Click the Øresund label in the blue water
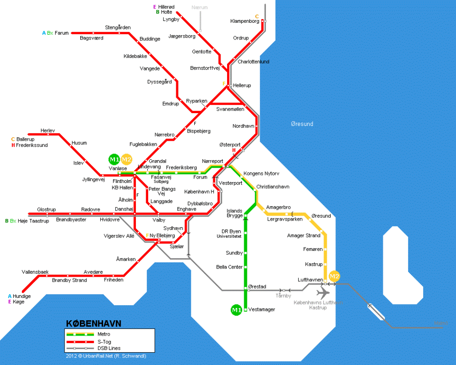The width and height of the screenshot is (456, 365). click(x=302, y=124)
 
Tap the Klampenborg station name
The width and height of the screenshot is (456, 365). click(x=244, y=21)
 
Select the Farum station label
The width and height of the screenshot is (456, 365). click(x=62, y=33)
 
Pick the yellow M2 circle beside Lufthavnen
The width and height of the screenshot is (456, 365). click(x=335, y=276)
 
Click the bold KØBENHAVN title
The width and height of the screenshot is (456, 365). click(x=93, y=324)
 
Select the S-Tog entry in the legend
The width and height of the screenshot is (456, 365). click(x=105, y=341)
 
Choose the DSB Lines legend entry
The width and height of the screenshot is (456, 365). click(x=109, y=348)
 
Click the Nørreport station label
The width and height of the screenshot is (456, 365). click(x=212, y=161)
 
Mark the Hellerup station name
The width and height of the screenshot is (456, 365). click(x=242, y=86)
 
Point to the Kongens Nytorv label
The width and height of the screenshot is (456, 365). click(x=261, y=173)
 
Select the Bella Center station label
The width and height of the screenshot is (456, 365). click(x=229, y=267)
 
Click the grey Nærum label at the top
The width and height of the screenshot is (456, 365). click(x=199, y=8)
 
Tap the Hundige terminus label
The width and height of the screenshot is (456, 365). click(x=22, y=296)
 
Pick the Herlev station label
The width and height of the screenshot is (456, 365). click(x=48, y=130)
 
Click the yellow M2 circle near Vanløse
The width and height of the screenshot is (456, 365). click(x=126, y=159)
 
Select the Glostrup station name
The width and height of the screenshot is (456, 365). click(x=47, y=209)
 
